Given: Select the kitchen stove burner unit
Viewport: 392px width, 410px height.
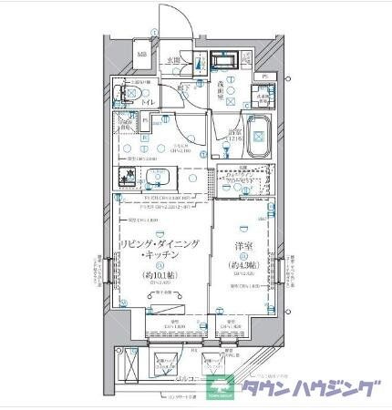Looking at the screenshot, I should pos(129,176).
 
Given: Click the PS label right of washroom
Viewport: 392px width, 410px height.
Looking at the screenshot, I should pos(264,77).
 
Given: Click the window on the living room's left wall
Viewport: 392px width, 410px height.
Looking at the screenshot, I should pos(111,270).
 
